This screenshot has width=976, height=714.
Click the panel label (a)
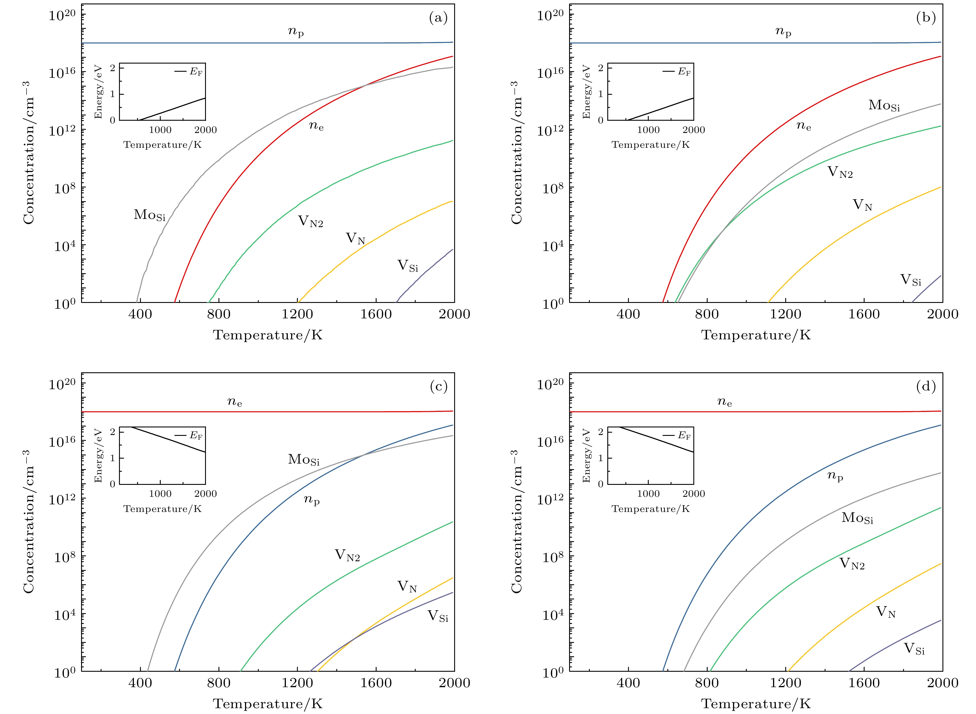pyautogui.click(x=438, y=18)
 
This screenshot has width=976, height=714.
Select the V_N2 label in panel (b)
pyautogui.click(x=840, y=172)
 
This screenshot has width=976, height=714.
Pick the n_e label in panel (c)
pyautogui.click(x=235, y=402)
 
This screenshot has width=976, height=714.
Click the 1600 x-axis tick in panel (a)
pyautogui.click(x=376, y=314)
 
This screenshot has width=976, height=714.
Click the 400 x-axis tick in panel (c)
pyautogui.click(x=140, y=683)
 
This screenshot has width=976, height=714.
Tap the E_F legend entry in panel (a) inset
pyautogui.click(x=189, y=72)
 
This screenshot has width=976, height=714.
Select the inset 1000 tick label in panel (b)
pyautogui.click(x=648, y=130)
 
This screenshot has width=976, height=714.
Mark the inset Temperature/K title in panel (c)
pyautogui.click(x=162, y=509)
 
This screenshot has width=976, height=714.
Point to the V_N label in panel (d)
pyautogui.click(x=886, y=612)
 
